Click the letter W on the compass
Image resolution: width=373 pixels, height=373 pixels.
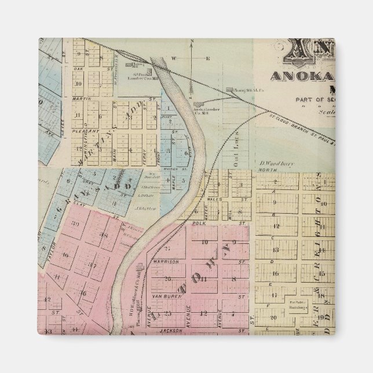(x=173, y=58)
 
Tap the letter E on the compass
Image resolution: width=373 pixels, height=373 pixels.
(x=207, y=58)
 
